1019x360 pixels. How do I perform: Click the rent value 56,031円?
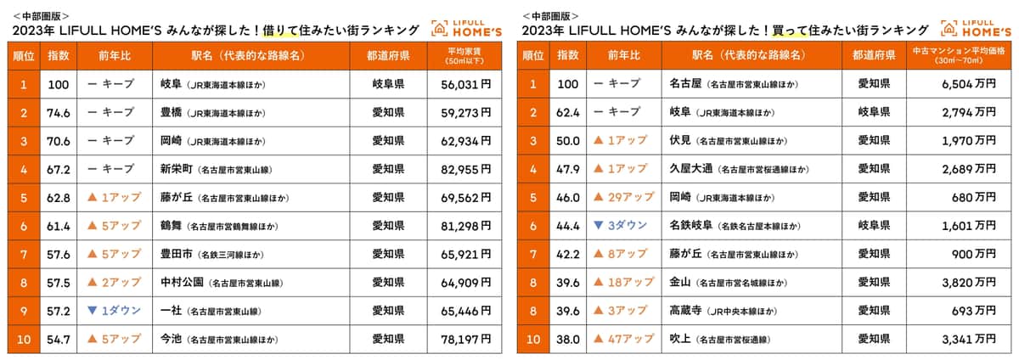pyautogui.click(x=467, y=84)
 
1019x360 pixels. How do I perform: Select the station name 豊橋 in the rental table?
pyautogui.click(x=172, y=112)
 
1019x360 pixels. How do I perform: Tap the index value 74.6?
pyautogui.click(x=58, y=112)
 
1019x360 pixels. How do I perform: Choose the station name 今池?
pyautogui.click(x=172, y=339)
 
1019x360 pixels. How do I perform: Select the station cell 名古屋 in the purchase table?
pyautogui.click(x=687, y=84)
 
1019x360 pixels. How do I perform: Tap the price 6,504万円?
pyautogui.click(x=968, y=84)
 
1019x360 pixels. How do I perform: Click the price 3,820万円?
pyautogui.click(x=968, y=282)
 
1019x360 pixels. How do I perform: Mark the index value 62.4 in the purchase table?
pyautogui.click(x=567, y=112)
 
